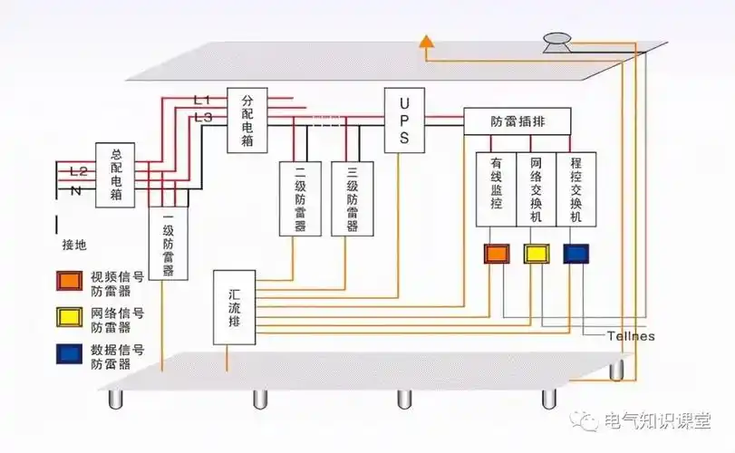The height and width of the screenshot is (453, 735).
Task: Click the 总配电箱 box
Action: coord(116,177)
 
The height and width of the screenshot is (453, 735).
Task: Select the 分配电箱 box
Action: coord(247,120)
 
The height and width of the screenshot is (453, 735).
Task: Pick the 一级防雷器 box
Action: coord(168,243)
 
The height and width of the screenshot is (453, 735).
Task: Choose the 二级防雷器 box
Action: coord(299,198)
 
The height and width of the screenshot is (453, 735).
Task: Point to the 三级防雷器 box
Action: coord(352,198)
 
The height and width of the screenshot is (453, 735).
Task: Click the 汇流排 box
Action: coord(234,306)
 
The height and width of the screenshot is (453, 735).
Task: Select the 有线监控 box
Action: coord(495,189)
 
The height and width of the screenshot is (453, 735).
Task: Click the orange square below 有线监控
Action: coord(496,254)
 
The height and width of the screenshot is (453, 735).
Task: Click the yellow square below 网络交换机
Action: coord(536,254)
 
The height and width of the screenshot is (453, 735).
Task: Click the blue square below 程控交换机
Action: coord(575,254)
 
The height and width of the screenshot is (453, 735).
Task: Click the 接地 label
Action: coord(75,246)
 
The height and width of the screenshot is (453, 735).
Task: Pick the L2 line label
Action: coord(78,170)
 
